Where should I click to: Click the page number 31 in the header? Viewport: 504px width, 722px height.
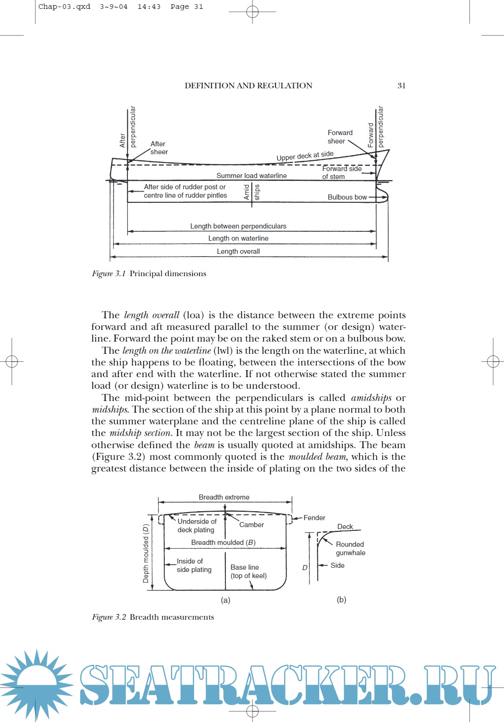(x=401, y=86)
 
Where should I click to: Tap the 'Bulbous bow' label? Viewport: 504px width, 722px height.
(x=347, y=197)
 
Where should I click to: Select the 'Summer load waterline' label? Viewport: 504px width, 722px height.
(x=252, y=176)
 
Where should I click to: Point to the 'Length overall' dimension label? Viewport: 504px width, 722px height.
(x=238, y=251)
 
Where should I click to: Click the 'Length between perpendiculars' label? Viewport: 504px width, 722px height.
(x=238, y=226)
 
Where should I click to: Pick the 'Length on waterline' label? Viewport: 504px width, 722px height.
(x=238, y=238)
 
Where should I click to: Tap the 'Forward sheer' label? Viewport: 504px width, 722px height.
(x=340, y=137)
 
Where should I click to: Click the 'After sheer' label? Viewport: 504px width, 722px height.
(x=159, y=148)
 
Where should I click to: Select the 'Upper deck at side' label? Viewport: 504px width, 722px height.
(x=305, y=156)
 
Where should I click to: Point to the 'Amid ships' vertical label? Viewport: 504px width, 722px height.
(x=252, y=192)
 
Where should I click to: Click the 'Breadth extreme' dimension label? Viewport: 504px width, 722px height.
(x=224, y=497)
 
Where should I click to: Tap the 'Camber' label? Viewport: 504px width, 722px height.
(x=252, y=525)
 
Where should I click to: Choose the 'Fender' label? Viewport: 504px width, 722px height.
(x=314, y=518)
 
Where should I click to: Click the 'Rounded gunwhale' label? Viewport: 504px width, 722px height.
(x=350, y=549)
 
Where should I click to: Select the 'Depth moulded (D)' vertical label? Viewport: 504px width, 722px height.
(x=146, y=553)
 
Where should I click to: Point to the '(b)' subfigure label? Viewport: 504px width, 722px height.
(x=342, y=600)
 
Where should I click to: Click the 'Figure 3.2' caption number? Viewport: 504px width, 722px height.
(x=109, y=617)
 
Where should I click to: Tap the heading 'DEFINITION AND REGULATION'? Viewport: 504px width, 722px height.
(x=248, y=86)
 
